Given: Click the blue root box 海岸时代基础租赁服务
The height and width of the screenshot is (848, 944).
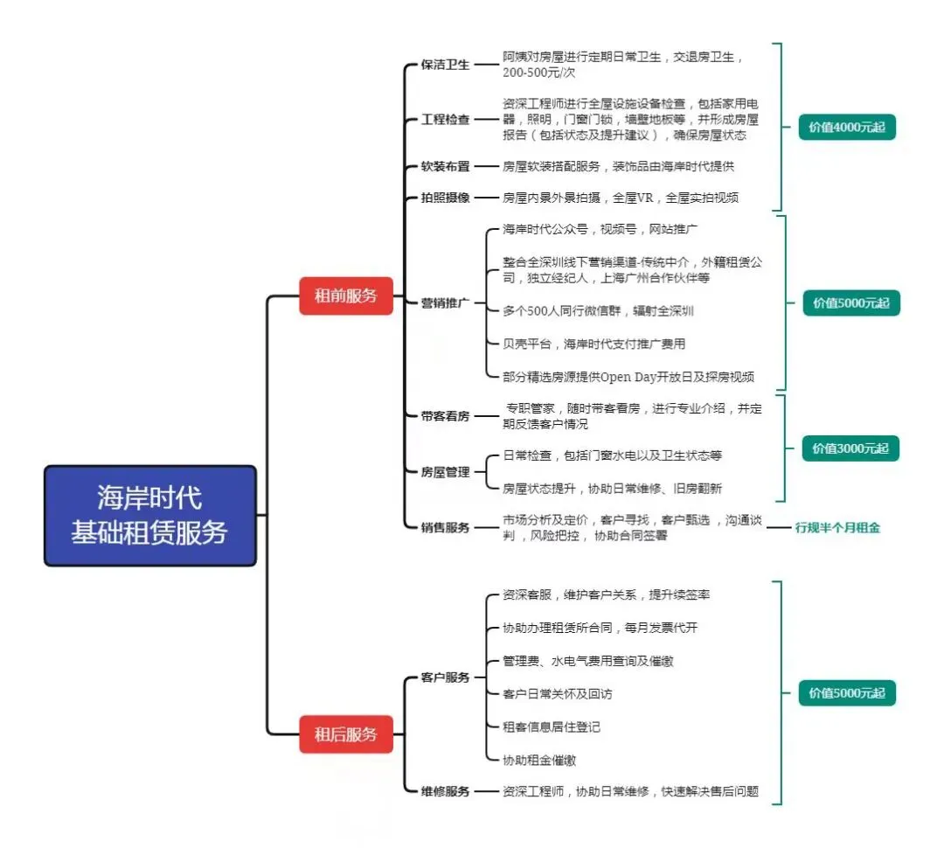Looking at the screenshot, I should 150,516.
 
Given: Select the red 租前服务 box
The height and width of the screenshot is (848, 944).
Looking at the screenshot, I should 346,295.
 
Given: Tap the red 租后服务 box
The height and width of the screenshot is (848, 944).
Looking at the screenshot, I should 346,734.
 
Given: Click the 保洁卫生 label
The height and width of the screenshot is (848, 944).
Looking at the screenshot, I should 445,65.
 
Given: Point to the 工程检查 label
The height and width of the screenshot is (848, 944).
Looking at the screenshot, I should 445,120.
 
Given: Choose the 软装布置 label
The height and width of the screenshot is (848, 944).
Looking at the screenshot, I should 445,166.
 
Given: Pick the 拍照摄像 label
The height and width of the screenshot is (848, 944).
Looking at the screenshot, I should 445,198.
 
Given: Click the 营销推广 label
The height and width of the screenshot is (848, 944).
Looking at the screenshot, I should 445,303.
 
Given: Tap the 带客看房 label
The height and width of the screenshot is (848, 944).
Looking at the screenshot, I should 445,416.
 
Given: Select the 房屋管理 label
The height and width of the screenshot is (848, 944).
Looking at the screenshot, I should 445,472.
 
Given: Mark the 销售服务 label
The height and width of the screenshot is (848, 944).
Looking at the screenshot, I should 445,527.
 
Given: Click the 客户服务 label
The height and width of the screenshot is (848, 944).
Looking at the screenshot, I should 445,678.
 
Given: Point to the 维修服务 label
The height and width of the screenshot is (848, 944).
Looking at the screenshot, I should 445,791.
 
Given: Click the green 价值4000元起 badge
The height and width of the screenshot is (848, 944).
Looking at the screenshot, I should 846,128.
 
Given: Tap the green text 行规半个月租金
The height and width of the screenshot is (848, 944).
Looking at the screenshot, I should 837,528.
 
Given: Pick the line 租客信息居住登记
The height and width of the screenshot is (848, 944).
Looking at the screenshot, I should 552,727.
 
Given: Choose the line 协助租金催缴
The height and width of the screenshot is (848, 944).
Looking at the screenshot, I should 539,761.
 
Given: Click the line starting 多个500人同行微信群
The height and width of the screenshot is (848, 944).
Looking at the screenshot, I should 598,310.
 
